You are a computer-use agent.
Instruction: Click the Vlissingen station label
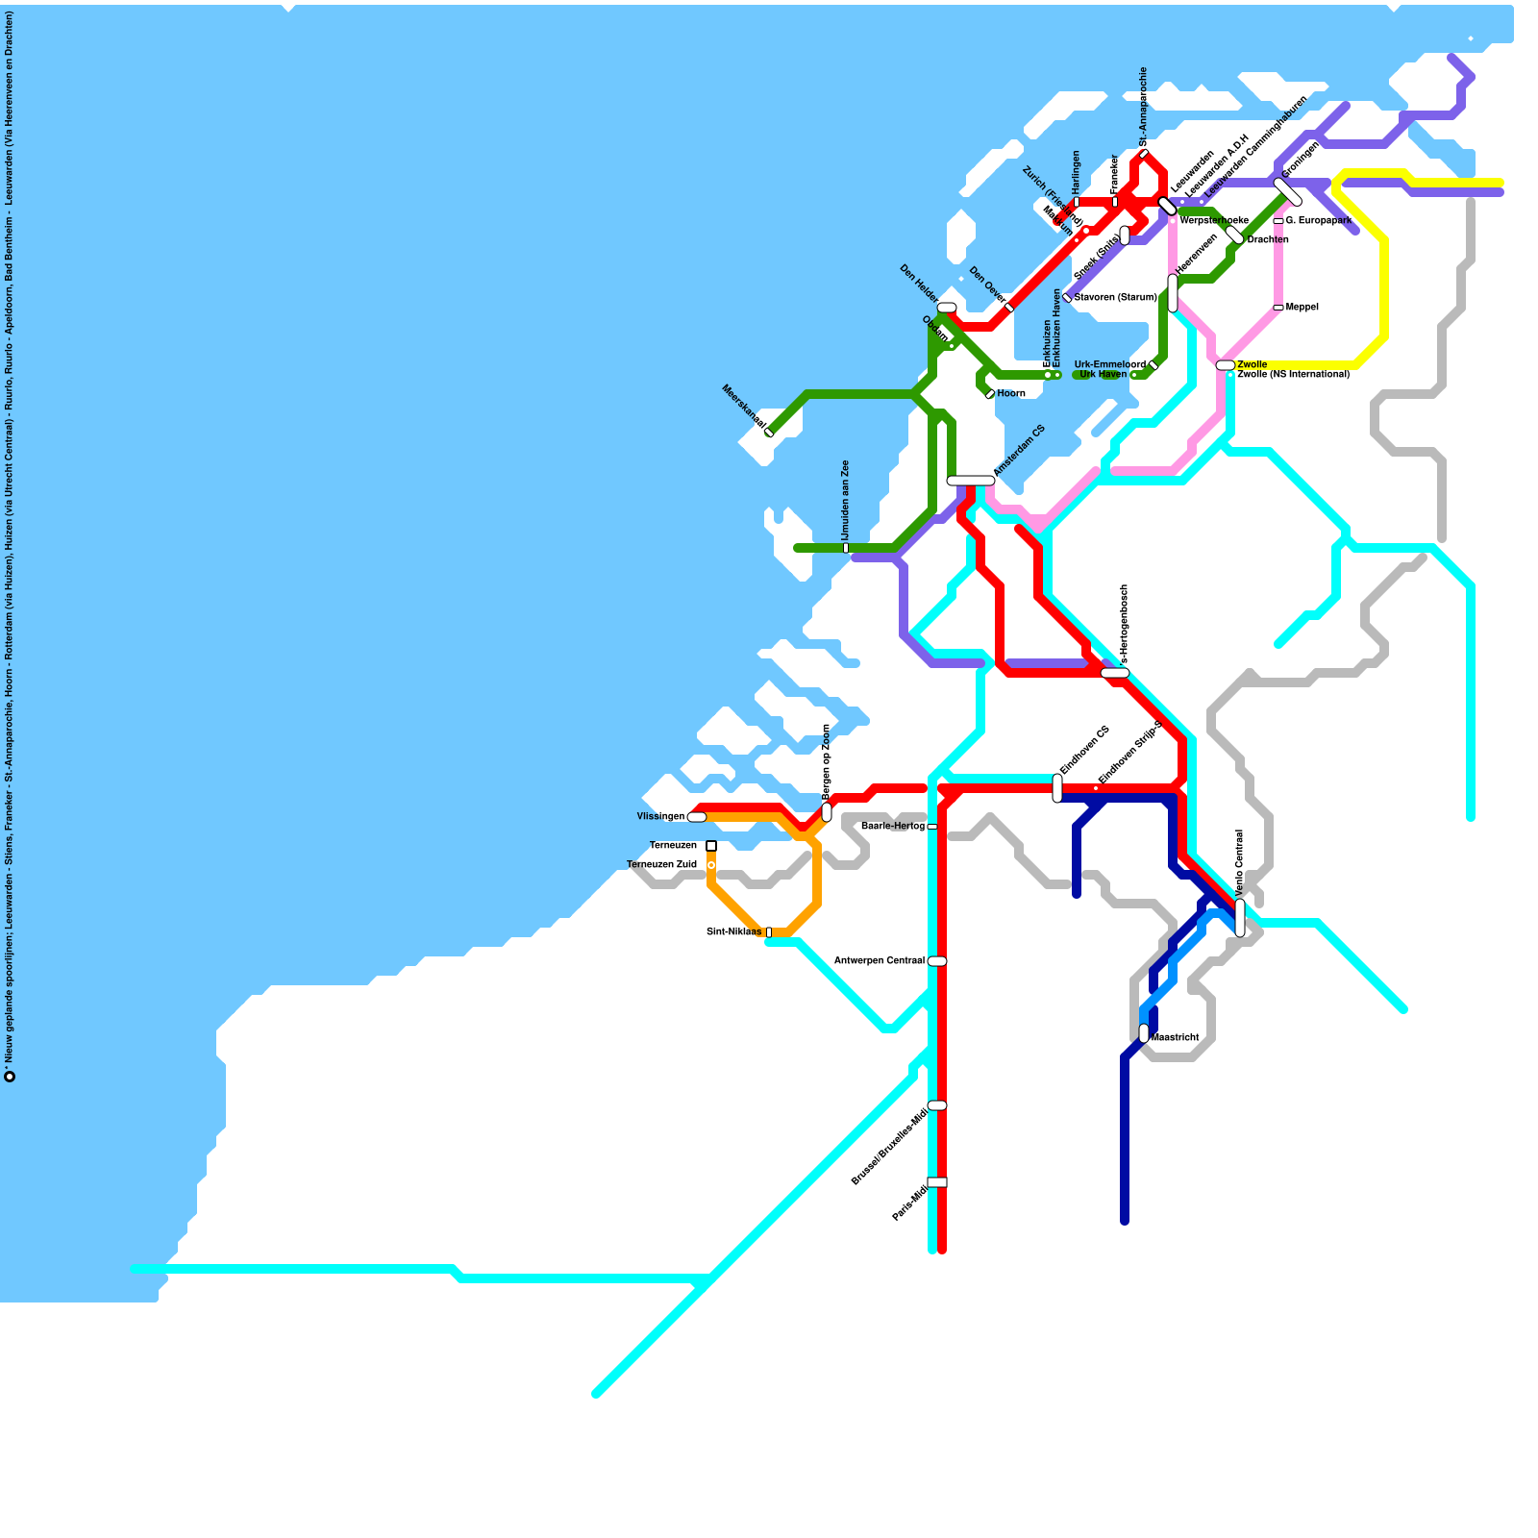click(x=660, y=817)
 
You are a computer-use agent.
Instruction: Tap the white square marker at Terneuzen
click(x=711, y=846)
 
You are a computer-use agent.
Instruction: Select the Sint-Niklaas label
click(x=733, y=932)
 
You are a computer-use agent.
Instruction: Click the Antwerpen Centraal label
click(x=879, y=961)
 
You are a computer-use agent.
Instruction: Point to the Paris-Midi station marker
click(x=937, y=1182)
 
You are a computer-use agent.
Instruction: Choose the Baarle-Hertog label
click(x=893, y=827)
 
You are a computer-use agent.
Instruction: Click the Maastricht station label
click(x=1175, y=1038)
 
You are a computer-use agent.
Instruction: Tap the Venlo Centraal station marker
click(x=1240, y=917)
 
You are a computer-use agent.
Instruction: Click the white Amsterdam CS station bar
click(x=971, y=481)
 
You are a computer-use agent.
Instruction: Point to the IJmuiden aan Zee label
click(x=846, y=500)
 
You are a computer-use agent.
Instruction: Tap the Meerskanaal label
click(x=743, y=407)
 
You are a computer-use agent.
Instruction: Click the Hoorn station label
click(x=1011, y=394)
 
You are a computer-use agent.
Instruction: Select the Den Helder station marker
click(x=947, y=308)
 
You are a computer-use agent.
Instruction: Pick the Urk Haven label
click(x=1103, y=375)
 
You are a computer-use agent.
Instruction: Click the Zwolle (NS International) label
click(x=1293, y=375)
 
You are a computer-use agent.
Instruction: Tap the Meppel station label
click(x=1302, y=308)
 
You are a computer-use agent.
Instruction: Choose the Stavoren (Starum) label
click(x=1115, y=298)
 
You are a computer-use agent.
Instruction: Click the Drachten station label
click(x=1267, y=240)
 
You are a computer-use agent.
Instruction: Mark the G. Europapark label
click(x=1319, y=221)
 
